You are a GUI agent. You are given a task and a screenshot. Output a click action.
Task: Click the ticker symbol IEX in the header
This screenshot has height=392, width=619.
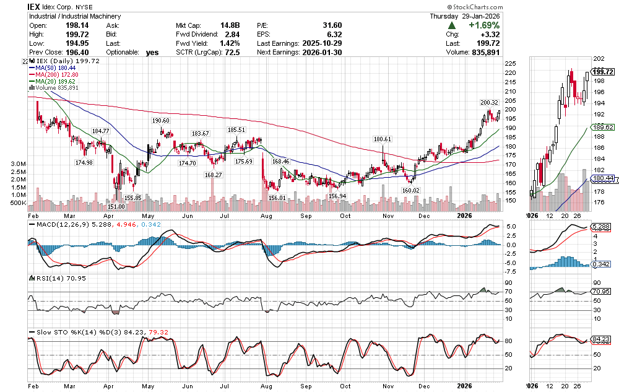pyautogui.click(x=35, y=6)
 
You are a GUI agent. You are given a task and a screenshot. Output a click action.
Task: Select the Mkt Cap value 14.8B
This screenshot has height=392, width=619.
pyautogui.click(x=230, y=25)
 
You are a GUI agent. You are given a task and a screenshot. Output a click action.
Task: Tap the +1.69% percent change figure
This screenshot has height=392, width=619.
pyautogui.click(x=481, y=25)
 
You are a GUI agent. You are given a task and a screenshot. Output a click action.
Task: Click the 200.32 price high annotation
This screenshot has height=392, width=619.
pyautogui.click(x=488, y=102)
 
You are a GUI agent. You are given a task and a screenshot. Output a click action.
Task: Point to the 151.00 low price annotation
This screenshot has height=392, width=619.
pyautogui.click(x=118, y=206)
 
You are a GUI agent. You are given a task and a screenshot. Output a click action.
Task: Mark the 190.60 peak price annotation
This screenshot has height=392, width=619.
pyautogui.click(x=160, y=121)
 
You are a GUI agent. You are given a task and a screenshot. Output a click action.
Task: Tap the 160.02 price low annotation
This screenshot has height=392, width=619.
pyautogui.click(x=411, y=190)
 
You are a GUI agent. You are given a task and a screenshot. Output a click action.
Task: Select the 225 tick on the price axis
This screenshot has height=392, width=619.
pyautogui.click(x=511, y=64)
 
